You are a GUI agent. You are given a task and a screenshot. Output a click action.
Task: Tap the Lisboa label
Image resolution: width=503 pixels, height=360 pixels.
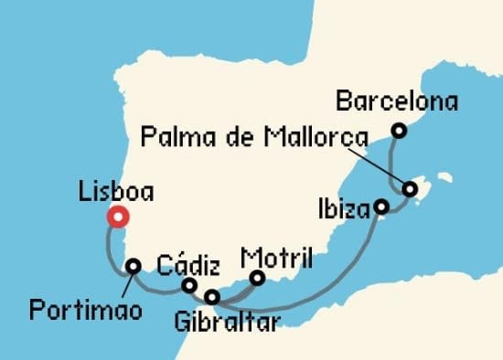coord(117,192)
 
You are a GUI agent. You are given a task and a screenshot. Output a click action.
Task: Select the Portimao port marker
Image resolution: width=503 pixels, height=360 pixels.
coord(134,267)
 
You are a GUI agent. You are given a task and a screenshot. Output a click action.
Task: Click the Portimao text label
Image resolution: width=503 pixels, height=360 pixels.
coord(86,310)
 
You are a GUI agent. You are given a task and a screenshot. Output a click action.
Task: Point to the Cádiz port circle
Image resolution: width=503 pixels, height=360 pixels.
coord(189,286)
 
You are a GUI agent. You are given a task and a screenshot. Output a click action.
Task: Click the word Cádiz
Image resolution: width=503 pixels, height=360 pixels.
coord(188,266)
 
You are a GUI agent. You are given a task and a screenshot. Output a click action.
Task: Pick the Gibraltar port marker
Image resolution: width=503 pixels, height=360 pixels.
coord(212,297)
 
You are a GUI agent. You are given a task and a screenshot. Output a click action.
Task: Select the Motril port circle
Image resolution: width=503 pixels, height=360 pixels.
coord(258,278)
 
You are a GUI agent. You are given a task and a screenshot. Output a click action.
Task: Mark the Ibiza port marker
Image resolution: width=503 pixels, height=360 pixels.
coord(381,208)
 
